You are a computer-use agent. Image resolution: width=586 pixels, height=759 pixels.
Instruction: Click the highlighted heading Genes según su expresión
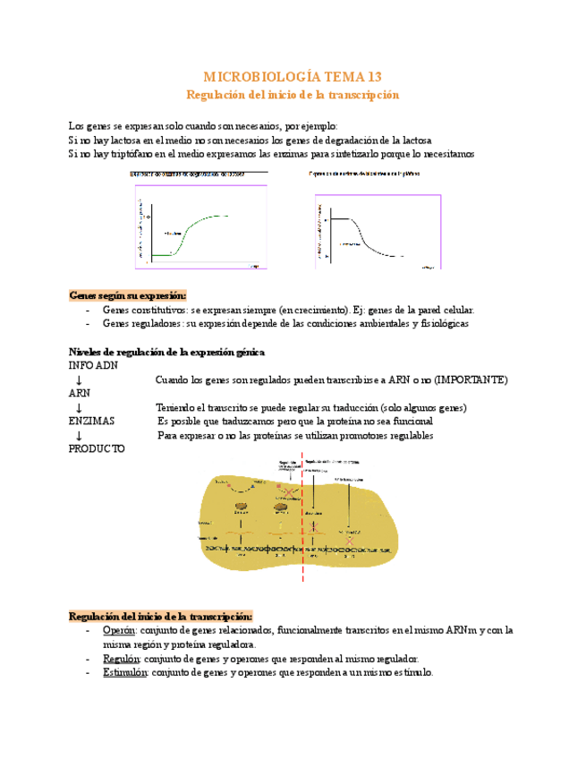[x=128, y=295]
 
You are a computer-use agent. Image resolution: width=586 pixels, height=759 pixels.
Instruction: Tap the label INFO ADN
[x=93, y=366]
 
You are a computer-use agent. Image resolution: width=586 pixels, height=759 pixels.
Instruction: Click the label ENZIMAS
[x=91, y=421]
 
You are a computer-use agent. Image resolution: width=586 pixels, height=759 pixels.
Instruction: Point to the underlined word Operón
[x=119, y=630]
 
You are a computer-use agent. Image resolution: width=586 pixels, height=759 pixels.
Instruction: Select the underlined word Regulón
[x=121, y=659]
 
